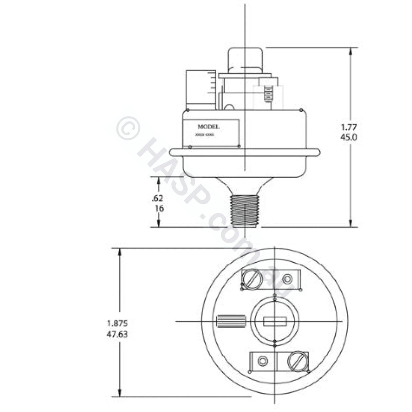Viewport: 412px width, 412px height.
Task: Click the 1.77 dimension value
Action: tap(349, 128)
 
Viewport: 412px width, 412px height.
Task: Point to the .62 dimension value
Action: tap(158, 198)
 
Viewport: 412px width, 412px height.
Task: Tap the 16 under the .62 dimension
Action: tap(158, 208)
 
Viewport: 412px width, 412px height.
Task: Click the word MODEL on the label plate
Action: tap(208, 127)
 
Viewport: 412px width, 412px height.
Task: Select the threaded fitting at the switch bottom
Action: tap(245, 210)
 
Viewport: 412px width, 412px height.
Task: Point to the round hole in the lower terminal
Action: tap(262, 361)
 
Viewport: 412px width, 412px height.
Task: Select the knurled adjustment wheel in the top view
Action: tap(230, 321)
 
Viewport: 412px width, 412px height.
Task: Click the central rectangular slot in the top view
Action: tap(275, 321)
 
